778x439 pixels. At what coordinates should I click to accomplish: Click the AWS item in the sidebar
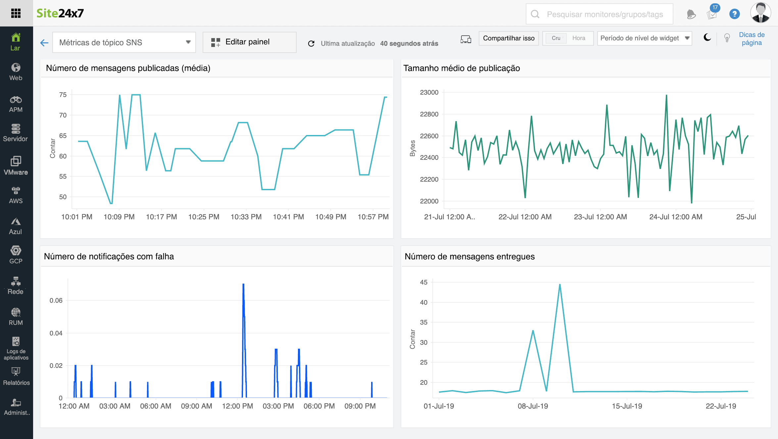16,195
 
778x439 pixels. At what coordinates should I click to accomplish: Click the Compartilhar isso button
509,38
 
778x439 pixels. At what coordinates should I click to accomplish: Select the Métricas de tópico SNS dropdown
124,42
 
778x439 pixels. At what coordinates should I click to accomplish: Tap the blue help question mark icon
734,14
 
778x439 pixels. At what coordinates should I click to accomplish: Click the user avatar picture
760,13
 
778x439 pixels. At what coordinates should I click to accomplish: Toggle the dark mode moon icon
707,38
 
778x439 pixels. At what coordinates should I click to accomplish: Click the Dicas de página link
752,39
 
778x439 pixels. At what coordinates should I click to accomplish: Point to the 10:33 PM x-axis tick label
246,217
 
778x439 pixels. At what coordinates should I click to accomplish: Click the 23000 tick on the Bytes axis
429,93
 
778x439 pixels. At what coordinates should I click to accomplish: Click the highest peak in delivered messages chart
560,285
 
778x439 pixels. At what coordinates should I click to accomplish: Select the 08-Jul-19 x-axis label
533,406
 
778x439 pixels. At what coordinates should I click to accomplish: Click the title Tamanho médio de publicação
462,68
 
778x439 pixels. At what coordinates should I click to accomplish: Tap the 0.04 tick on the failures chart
56,333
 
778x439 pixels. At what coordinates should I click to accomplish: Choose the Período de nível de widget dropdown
644,38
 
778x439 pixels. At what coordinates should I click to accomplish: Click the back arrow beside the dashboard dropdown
44,43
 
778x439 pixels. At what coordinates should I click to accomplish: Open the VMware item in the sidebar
16,165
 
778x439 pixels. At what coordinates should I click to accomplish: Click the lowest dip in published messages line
111,203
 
